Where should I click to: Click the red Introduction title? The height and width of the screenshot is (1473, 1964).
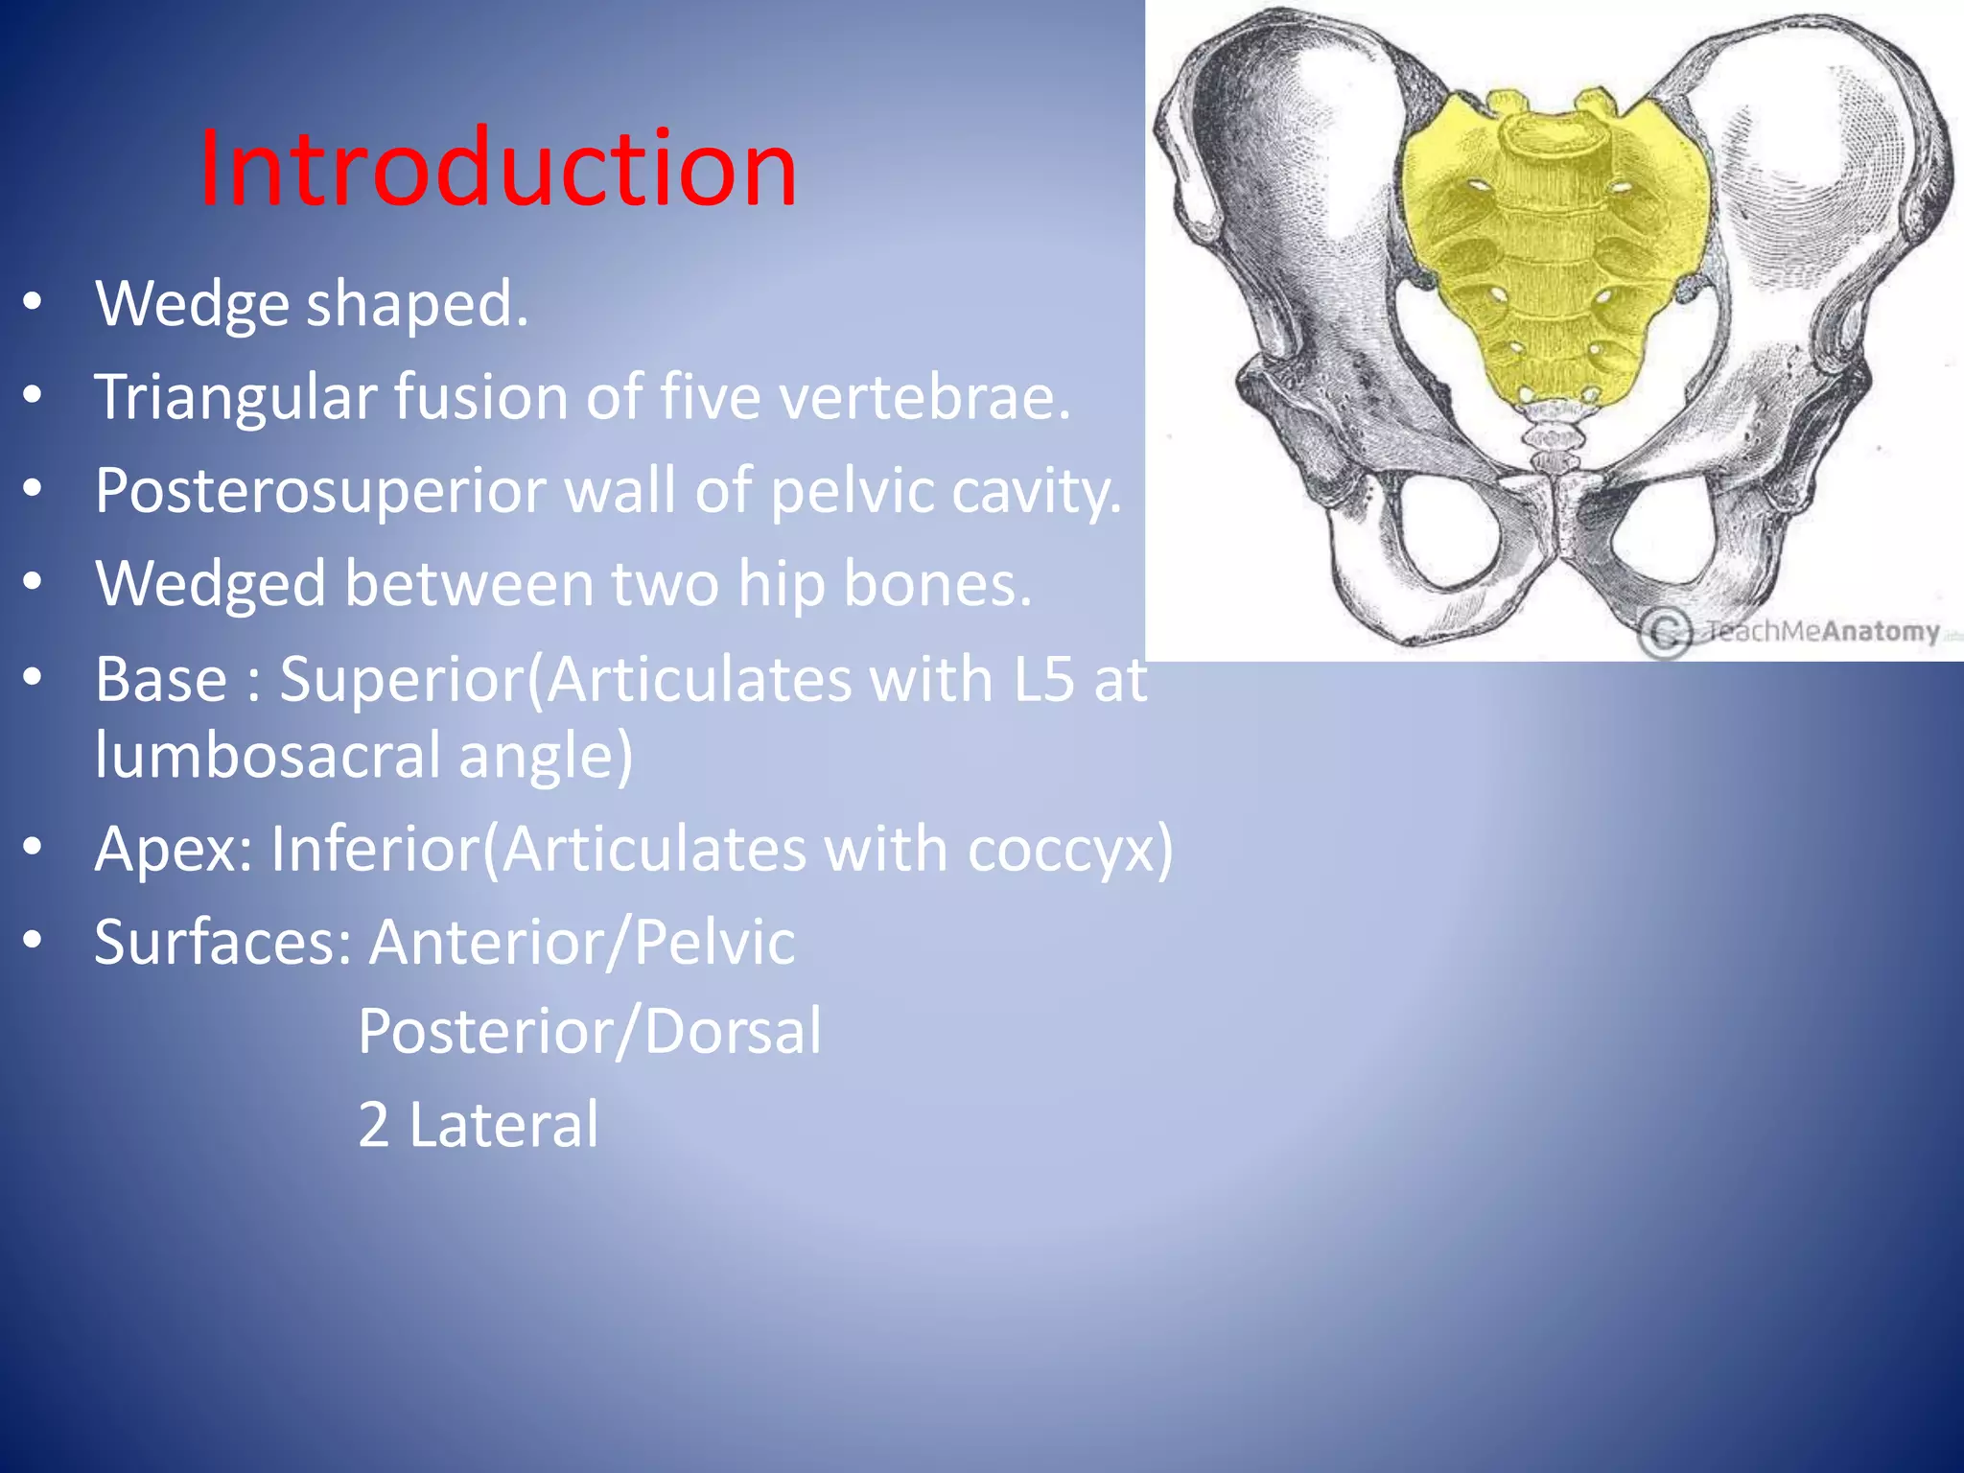pyautogui.click(x=497, y=168)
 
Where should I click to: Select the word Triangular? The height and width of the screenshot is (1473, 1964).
pyautogui.click(x=236, y=397)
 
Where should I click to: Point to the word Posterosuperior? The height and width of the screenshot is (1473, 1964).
pyautogui.click(x=320, y=491)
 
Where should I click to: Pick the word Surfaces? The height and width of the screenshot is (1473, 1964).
pyautogui.click(x=222, y=942)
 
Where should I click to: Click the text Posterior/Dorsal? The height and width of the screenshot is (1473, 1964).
pyautogui.click(x=589, y=1032)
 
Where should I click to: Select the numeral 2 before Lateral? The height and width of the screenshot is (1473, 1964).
pyautogui.click(x=373, y=1125)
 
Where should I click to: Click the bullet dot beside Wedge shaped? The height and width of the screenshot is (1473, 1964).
pyautogui.click(x=33, y=303)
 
